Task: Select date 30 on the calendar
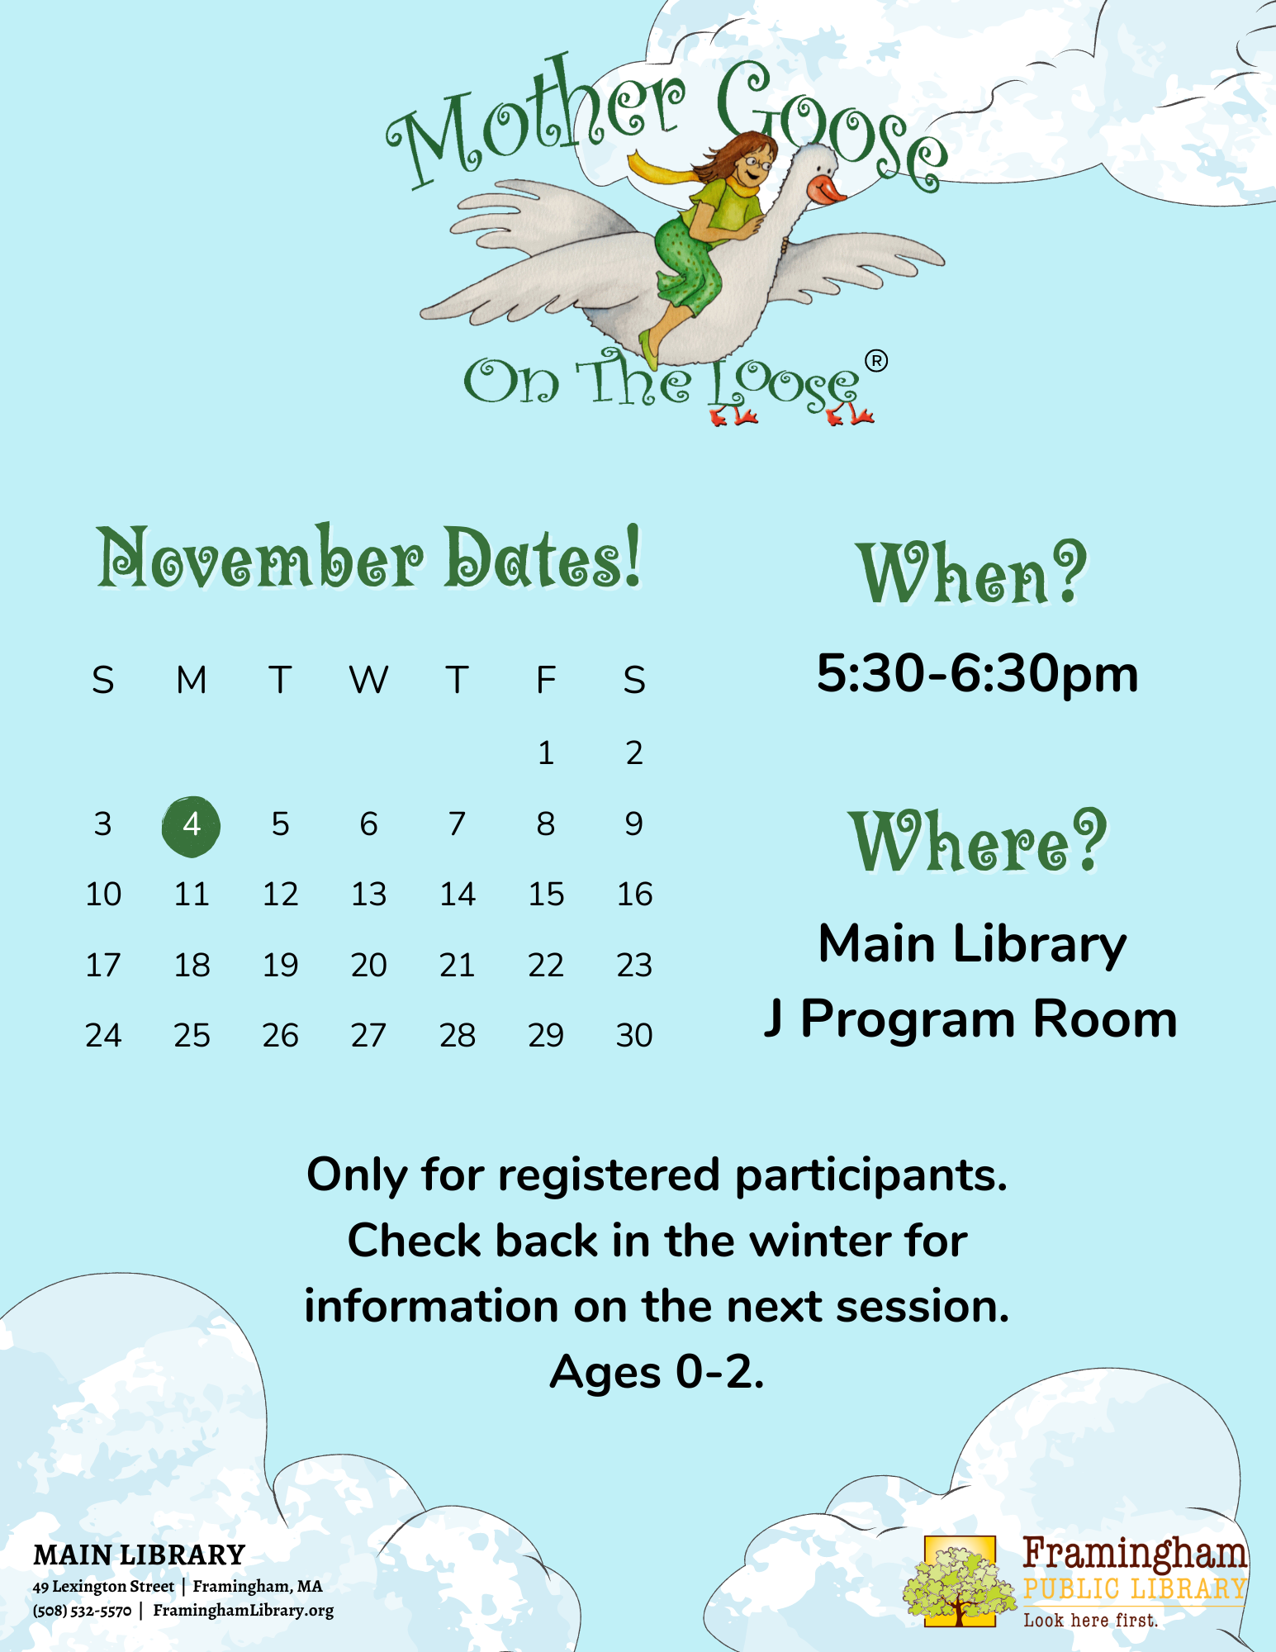coord(634,1035)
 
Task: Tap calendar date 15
coord(546,894)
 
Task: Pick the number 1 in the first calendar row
coord(546,752)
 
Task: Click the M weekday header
coord(192,680)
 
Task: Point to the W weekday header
coord(368,680)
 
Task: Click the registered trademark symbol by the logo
coord(876,361)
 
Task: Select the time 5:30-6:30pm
coord(977,673)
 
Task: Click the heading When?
coord(972,572)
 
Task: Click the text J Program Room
coord(971,1018)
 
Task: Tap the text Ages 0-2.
coord(657,1372)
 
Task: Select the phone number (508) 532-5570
coord(82,1611)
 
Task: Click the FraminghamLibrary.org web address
coord(244,1611)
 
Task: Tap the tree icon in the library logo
coord(960,1581)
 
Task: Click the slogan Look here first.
coord(1091,1620)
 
